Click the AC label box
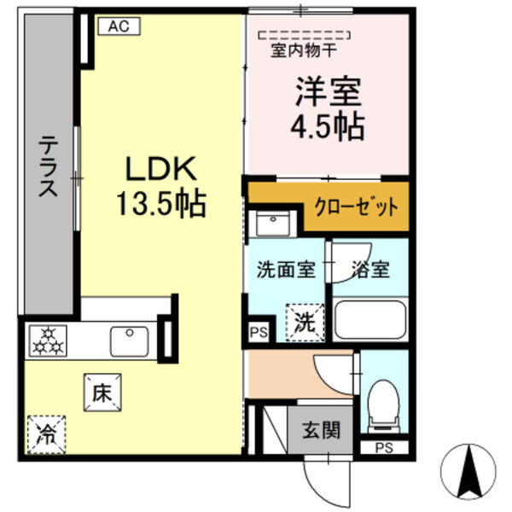(118, 26)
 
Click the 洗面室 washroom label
(286, 271)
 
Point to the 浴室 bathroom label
(370, 271)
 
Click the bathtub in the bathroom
(369, 320)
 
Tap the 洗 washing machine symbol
(305, 323)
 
